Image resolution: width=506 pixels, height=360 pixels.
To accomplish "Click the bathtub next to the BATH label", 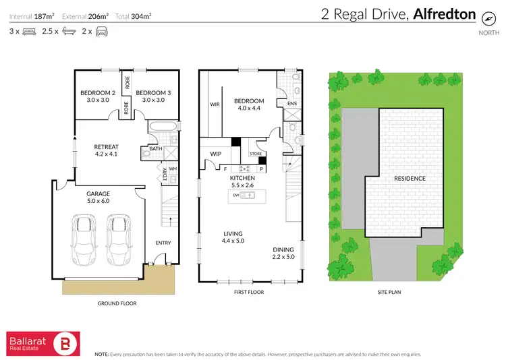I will (x=162, y=127).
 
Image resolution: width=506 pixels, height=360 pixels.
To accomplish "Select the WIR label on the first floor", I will (x=215, y=104).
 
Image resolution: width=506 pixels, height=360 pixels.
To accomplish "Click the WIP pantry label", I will (x=216, y=154).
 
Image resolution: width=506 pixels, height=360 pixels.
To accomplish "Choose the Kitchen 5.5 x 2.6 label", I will (x=242, y=181).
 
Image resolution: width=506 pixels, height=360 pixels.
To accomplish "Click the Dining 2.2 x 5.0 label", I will (x=283, y=252).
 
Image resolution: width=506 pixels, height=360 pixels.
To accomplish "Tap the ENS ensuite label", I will (x=291, y=104).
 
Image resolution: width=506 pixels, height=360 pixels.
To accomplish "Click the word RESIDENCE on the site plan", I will (x=410, y=179).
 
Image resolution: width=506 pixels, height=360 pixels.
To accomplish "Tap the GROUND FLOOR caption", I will (x=117, y=303).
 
